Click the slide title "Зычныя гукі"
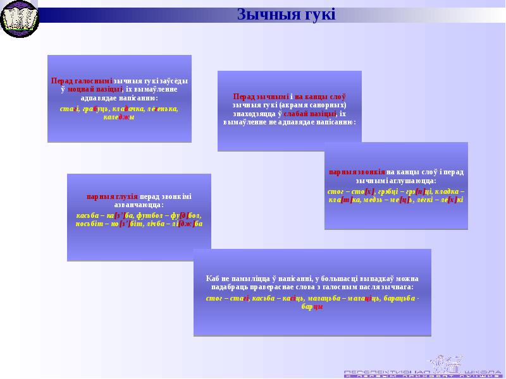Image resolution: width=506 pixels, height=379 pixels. tap(286, 14)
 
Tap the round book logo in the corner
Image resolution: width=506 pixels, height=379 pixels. tap(20, 19)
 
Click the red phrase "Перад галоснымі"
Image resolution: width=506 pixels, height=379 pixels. tap(82, 81)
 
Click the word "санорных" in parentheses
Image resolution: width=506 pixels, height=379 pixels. tap(329, 104)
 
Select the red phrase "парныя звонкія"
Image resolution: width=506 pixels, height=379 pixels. tap(357, 172)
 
